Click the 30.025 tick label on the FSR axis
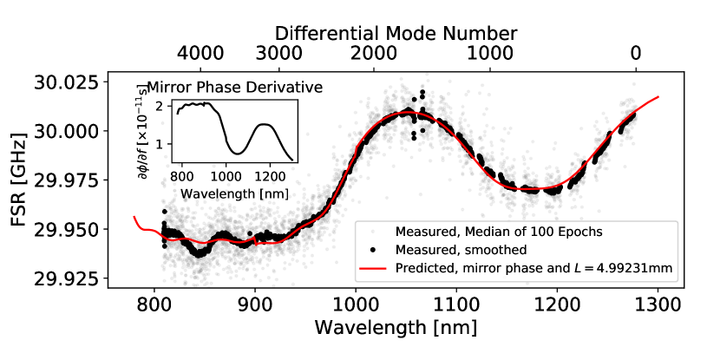[x=64, y=84]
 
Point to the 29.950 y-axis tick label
[x=64, y=230]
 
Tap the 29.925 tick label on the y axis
[x=64, y=279]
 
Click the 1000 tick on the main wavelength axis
[x=356, y=306]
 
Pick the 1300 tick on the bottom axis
[x=658, y=306]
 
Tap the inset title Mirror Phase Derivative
[x=234, y=88]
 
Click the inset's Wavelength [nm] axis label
[x=229, y=193]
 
